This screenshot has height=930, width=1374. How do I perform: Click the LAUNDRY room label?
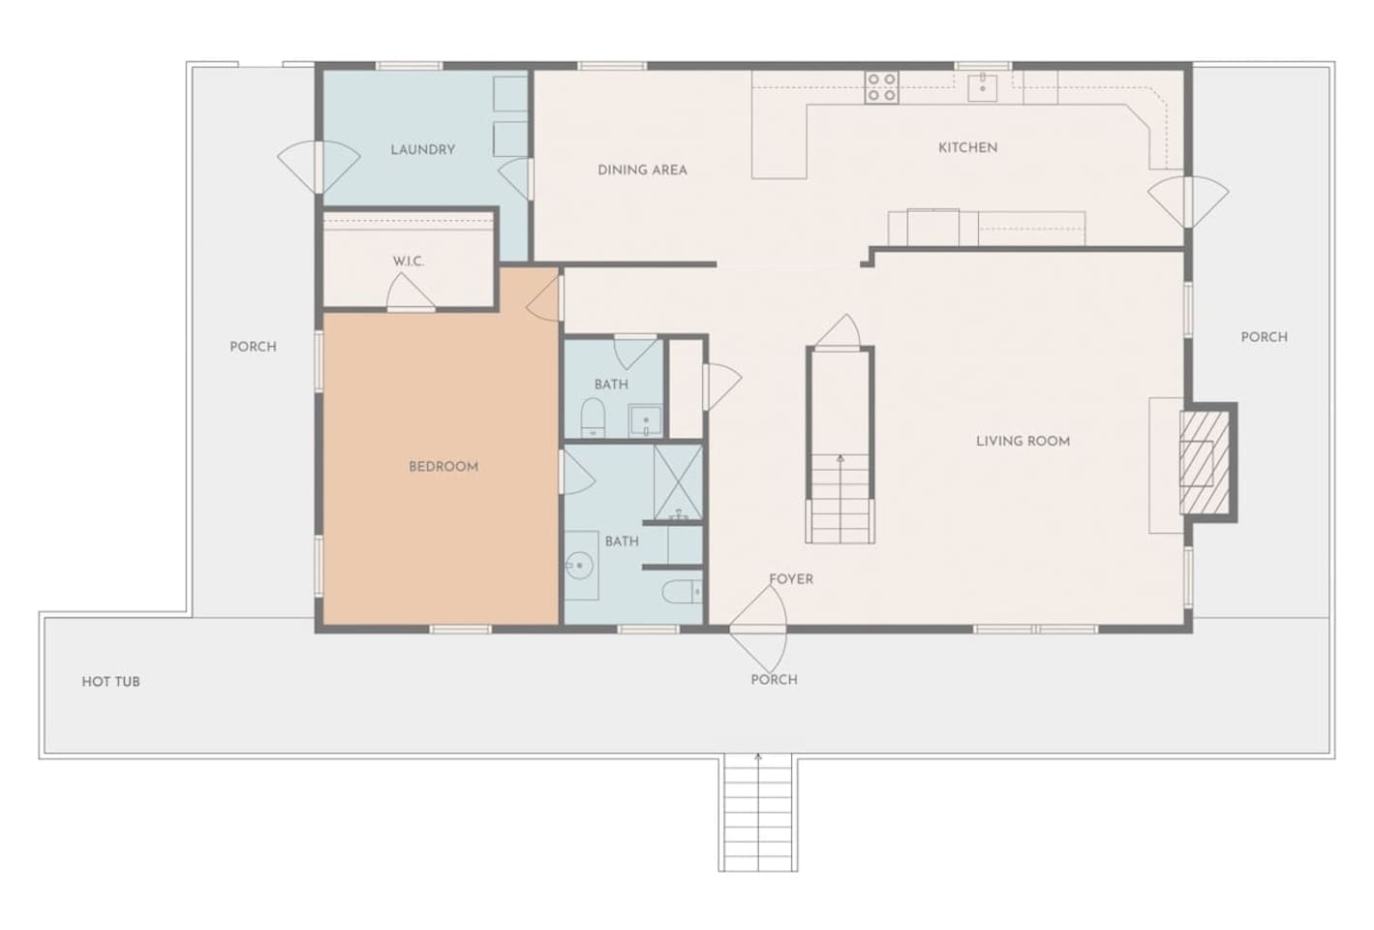click(422, 150)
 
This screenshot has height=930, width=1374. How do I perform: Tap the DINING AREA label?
click(642, 170)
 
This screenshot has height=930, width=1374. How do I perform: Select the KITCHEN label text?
click(968, 148)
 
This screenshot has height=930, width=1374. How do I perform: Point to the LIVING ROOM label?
click(1023, 442)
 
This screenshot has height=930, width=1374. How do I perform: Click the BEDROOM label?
click(443, 467)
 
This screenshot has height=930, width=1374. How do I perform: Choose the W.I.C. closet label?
click(409, 262)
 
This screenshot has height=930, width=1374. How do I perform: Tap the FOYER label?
click(791, 579)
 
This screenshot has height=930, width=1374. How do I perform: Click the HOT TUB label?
click(111, 682)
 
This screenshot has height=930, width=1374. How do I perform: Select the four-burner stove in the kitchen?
click(882, 87)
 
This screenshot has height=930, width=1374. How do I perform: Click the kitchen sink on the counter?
click(983, 86)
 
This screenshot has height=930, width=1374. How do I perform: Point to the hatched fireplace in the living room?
click(1205, 462)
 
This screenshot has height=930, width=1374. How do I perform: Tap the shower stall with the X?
click(678, 482)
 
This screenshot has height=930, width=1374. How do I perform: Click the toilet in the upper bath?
click(593, 418)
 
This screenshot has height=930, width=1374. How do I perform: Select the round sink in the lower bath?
click(579, 566)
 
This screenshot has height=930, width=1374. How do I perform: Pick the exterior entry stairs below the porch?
click(758, 812)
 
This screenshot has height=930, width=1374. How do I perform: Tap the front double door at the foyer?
click(758, 629)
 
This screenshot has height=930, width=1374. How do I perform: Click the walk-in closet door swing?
click(411, 292)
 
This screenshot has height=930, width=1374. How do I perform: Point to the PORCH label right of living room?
click(1265, 338)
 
